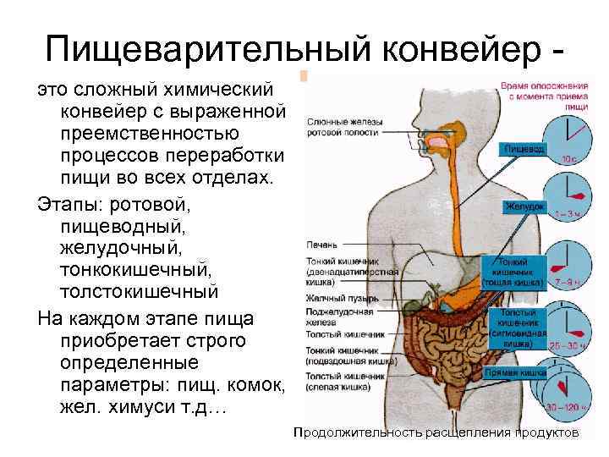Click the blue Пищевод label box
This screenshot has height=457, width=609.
524,149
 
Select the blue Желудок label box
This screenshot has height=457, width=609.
524,206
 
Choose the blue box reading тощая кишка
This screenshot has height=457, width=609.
513,273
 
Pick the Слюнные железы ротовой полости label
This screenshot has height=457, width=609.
343,126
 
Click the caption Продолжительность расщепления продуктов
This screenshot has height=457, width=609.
436,432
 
